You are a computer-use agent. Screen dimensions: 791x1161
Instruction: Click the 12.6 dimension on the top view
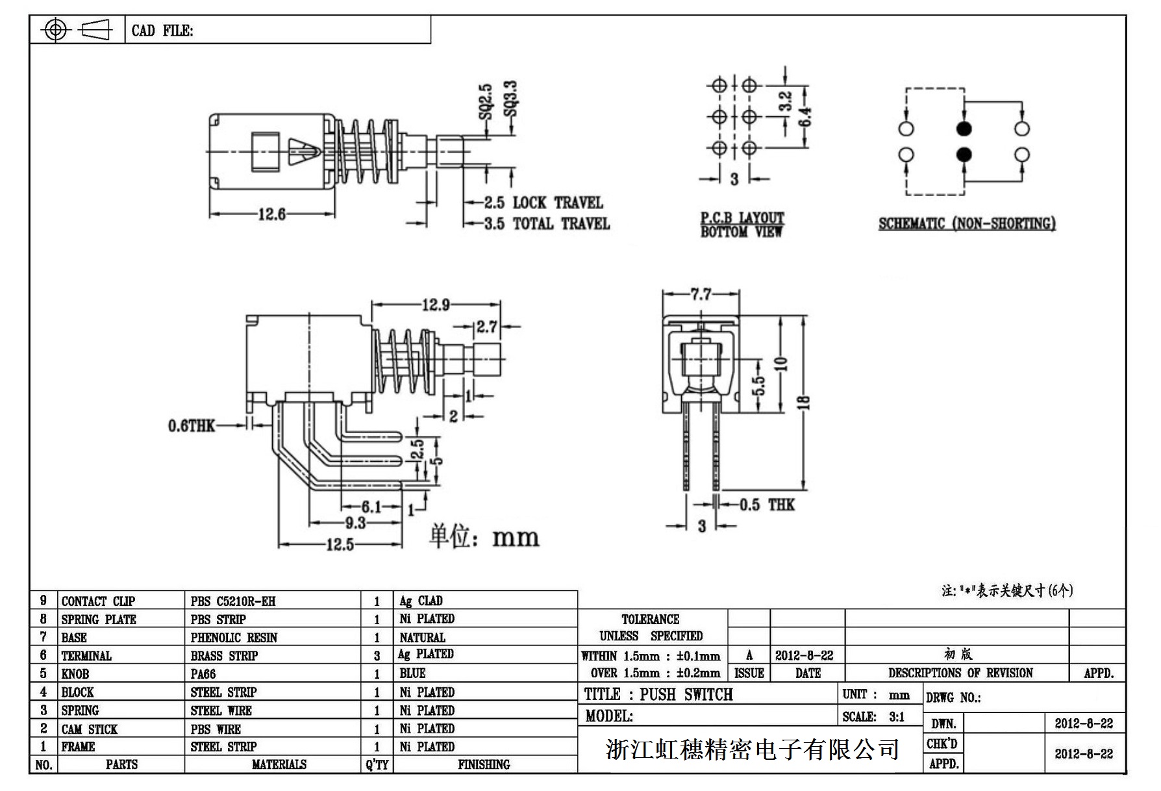click(x=271, y=214)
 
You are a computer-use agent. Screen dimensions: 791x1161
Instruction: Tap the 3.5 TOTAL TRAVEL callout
click(x=547, y=224)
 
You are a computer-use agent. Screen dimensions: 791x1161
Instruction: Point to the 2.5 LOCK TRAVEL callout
click(x=543, y=203)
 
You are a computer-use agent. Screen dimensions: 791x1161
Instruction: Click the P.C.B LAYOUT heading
click(x=742, y=218)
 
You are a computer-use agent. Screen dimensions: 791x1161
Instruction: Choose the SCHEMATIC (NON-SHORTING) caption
click(x=967, y=224)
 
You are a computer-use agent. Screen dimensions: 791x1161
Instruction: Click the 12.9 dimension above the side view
click(x=436, y=304)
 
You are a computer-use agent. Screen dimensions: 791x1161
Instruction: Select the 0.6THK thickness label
click(x=191, y=426)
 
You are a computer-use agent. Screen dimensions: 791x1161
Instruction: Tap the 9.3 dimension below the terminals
click(x=355, y=523)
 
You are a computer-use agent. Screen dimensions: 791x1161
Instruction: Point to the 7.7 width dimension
click(x=701, y=295)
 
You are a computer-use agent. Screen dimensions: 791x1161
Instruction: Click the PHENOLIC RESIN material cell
click(x=234, y=638)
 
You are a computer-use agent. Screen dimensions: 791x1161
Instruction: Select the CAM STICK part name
click(x=90, y=729)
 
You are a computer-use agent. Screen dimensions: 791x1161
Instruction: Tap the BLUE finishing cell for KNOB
click(x=412, y=673)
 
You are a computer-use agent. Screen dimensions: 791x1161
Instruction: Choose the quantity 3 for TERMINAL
click(x=377, y=656)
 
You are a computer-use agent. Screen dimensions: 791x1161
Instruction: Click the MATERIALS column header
click(x=279, y=765)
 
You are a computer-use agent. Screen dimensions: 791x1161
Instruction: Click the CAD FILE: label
click(x=162, y=31)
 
